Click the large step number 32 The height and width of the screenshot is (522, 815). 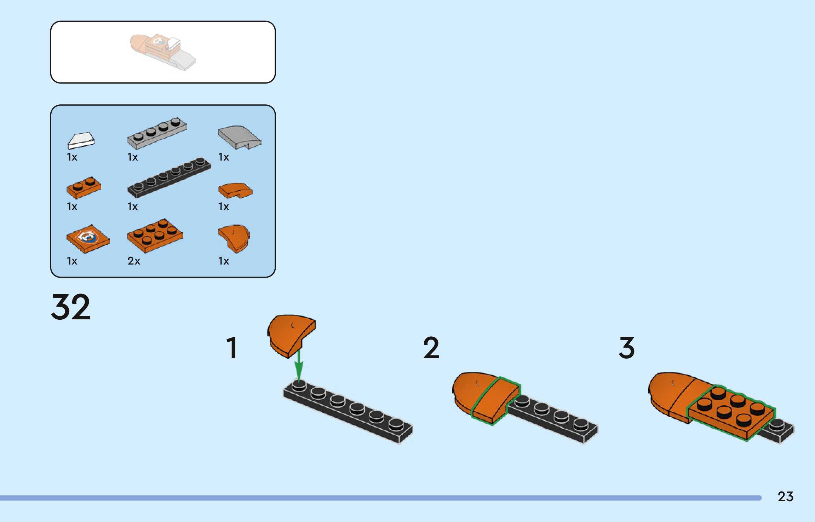[71, 307]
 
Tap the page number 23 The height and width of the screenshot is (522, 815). [785, 497]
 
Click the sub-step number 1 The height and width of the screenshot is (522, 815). [232, 348]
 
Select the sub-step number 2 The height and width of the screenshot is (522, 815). [431, 348]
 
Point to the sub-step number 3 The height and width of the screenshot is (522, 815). [627, 348]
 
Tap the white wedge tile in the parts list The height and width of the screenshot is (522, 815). [81, 140]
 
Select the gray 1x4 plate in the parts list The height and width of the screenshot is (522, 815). [157, 133]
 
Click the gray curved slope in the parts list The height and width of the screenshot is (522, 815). [239, 137]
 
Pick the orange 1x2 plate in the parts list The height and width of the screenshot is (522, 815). [84, 187]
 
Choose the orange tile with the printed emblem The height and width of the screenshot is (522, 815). [88, 239]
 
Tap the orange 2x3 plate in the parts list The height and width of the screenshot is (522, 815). [155, 235]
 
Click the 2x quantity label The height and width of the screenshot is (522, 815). [134, 261]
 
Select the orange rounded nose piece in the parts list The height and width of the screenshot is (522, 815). [234, 238]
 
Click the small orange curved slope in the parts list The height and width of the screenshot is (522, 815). [235, 190]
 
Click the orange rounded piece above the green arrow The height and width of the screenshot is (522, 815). [290, 334]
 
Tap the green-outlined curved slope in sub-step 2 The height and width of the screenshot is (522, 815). [495, 401]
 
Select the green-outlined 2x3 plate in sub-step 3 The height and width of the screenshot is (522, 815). [731, 412]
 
